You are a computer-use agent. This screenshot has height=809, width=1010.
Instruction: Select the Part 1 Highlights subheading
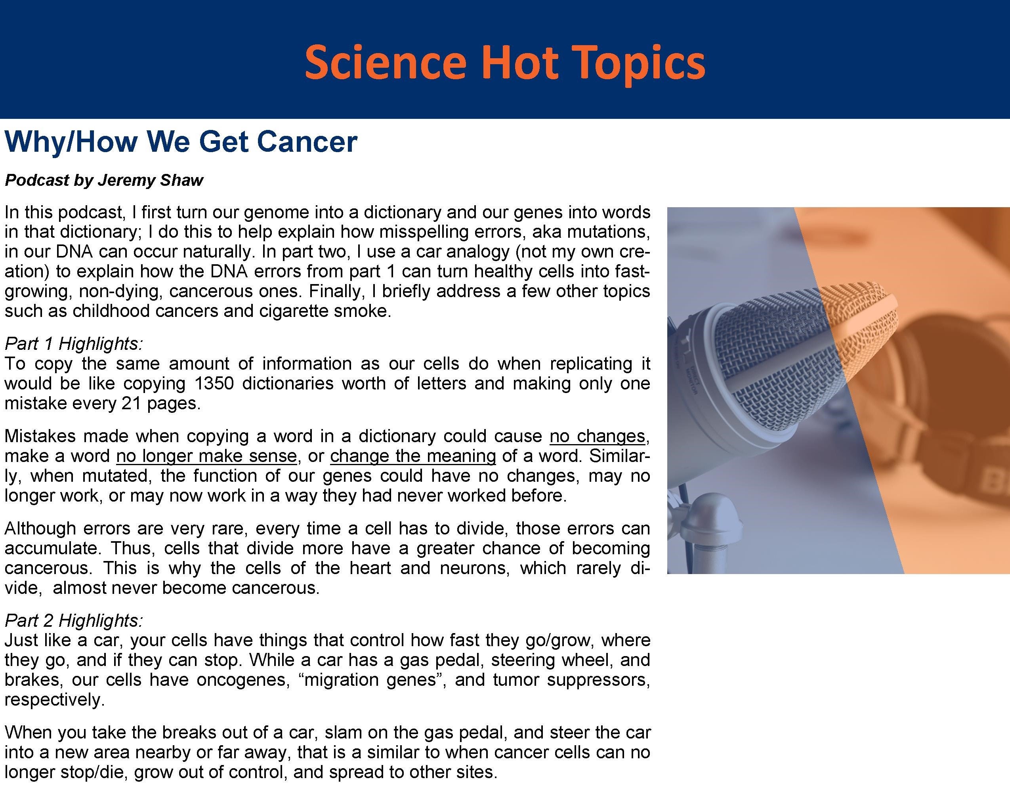point(74,343)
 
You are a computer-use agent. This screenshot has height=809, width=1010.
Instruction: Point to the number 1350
point(214,383)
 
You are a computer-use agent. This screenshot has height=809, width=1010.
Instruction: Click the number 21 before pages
point(131,403)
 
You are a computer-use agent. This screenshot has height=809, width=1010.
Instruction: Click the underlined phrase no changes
point(597,436)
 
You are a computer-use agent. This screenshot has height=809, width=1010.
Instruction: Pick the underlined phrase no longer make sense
point(206,455)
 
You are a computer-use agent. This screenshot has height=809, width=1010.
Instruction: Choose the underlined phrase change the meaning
point(413,455)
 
